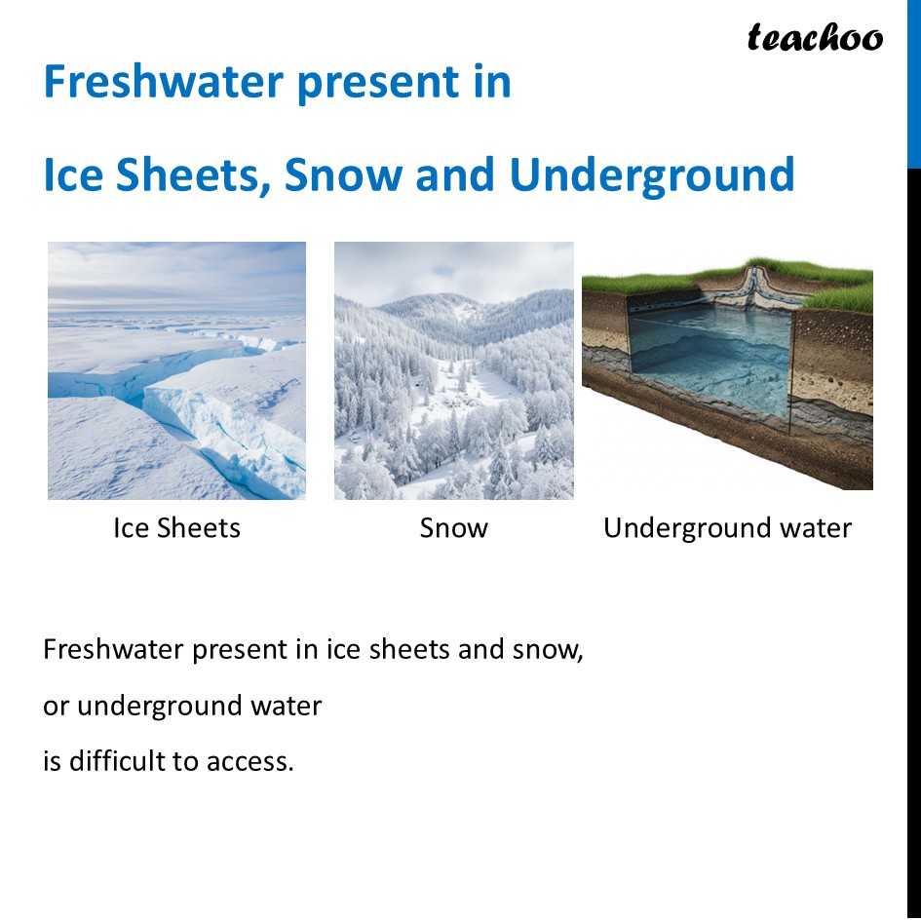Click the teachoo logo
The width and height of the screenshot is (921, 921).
pyautogui.click(x=815, y=38)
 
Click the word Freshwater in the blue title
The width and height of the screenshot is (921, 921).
pyautogui.click(x=161, y=82)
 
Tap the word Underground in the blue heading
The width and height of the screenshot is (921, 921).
pyautogui.click(x=652, y=175)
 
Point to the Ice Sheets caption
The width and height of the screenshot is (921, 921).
pyautogui.click(x=176, y=528)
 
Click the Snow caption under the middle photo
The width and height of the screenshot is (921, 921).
pyautogui.click(x=453, y=528)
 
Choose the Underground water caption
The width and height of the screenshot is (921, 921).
pyautogui.click(x=727, y=528)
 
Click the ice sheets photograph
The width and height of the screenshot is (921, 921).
pyautogui.click(x=176, y=370)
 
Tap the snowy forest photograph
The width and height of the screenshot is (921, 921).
pyautogui.click(x=453, y=370)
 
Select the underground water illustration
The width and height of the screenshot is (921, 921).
pyautogui.click(x=727, y=375)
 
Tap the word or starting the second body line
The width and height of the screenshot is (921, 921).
pyautogui.click(x=56, y=706)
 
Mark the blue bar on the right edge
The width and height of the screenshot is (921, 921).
pyautogui.click(x=913, y=84)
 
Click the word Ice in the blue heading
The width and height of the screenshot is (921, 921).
pyautogui.click(x=72, y=175)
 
